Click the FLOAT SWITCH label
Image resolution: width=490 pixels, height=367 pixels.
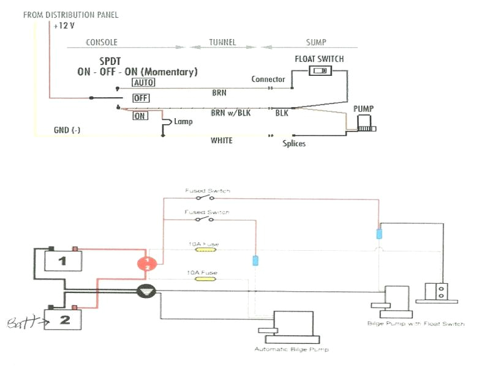[x=319, y=59]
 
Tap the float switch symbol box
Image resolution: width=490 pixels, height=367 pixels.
[x=320, y=71]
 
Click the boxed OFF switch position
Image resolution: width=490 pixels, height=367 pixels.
[x=141, y=98]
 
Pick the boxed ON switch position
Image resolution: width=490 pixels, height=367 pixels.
[x=140, y=116]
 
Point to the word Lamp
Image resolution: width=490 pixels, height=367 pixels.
[x=183, y=122]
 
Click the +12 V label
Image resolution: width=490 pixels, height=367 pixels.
[x=64, y=26]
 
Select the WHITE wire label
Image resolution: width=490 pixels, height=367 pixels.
[x=222, y=141]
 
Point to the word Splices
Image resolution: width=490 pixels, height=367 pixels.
[x=294, y=144]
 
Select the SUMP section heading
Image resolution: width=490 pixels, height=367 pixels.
[x=316, y=42]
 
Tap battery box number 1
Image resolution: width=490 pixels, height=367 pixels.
[x=61, y=261]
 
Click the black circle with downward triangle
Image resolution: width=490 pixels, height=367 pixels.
[x=146, y=292]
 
